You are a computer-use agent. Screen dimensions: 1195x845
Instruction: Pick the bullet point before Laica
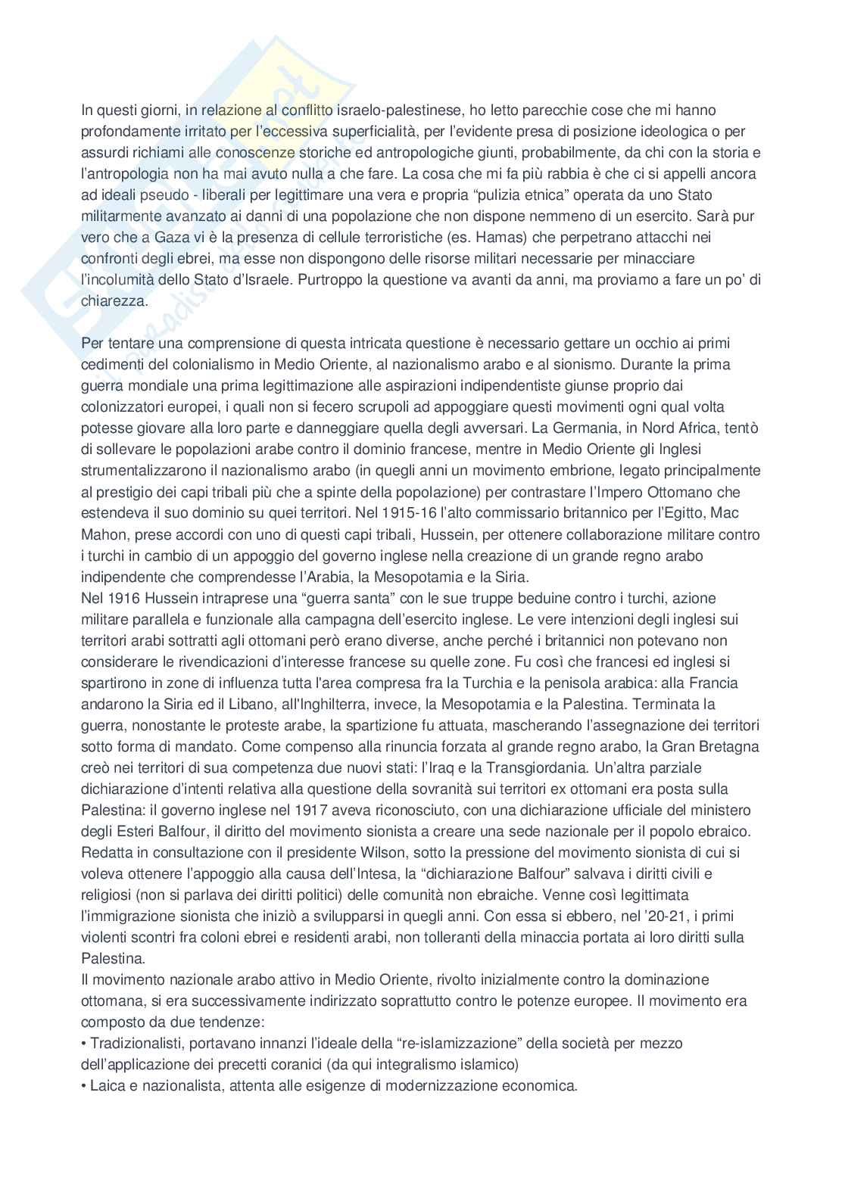coord(84,1085)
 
